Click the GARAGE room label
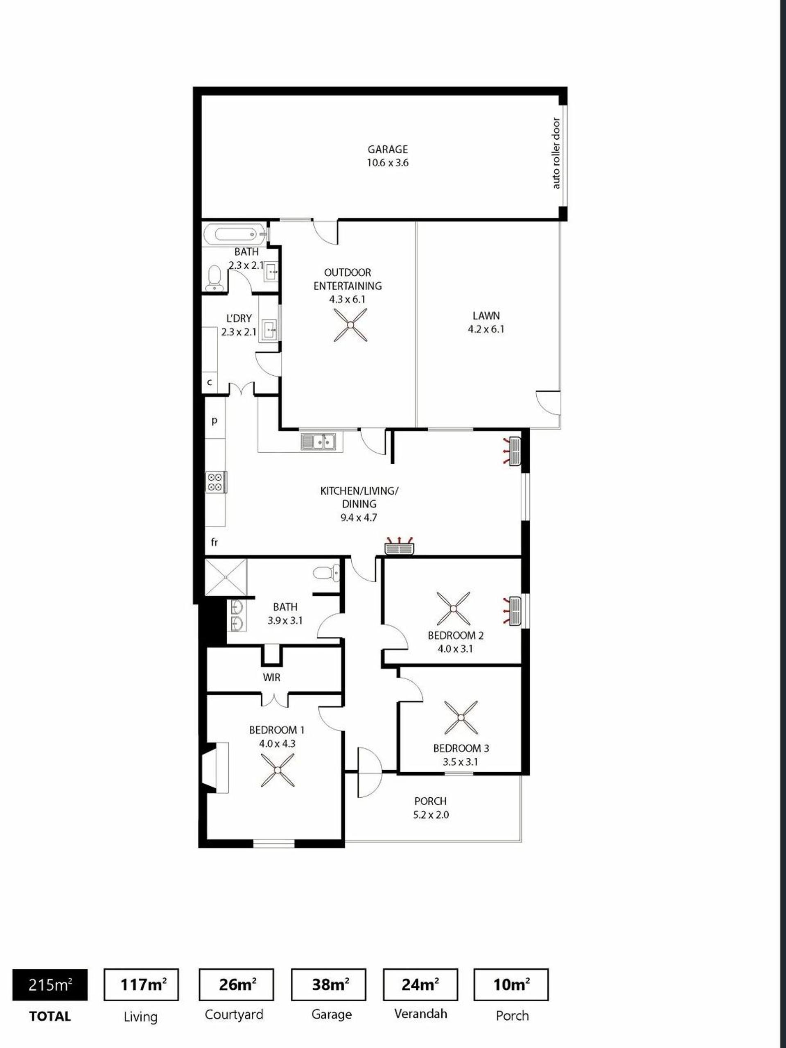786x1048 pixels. tap(388, 149)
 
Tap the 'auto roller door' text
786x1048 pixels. tap(556, 153)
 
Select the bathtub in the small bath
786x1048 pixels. tap(236, 234)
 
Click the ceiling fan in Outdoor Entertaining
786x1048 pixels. tap(350, 324)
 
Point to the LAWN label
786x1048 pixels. tap(486, 315)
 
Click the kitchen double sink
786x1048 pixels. tap(318, 442)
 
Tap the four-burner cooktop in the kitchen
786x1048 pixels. tap(215, 482)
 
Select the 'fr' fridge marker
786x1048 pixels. tap(214, 542)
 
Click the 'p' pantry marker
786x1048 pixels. tap(214, 420)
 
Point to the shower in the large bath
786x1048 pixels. tap(226, 577)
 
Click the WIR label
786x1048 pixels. tap(272, 678)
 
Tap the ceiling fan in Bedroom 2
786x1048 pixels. tap(453, 609)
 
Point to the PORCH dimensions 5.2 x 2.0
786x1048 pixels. tap(430, 815)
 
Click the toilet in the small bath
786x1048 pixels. tap(215, 278)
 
